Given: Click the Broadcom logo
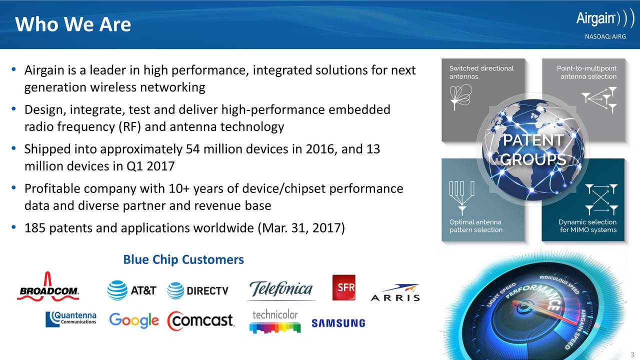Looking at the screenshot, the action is coord(48,286).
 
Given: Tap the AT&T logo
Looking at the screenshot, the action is coord(131,290).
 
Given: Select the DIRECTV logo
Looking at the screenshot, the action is coord(197,291).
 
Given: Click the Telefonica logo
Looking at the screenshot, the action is coord(281,290).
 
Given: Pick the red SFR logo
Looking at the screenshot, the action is coord(344,287).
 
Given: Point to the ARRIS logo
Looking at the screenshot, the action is coord(395,293).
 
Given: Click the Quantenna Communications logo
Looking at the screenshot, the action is coord(71,319).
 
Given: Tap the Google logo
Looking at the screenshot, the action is coord(134,320).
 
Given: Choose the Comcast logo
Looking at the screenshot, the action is coord(201,320).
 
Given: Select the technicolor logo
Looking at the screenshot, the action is coord(275,321).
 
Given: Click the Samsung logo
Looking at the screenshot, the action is coord(338,323).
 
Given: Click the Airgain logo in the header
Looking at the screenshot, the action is coord(605,18).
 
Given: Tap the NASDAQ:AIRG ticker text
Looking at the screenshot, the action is coord(605,36).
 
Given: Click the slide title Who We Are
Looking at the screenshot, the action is coord(73,24).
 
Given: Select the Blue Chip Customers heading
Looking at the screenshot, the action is coord(183,259).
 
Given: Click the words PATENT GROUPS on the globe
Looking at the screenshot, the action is coord(533,149).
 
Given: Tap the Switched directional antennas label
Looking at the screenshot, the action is coord(481,72).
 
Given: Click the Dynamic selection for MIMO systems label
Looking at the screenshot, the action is coord(587,226).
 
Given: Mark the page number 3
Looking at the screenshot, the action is coord(632,355).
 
